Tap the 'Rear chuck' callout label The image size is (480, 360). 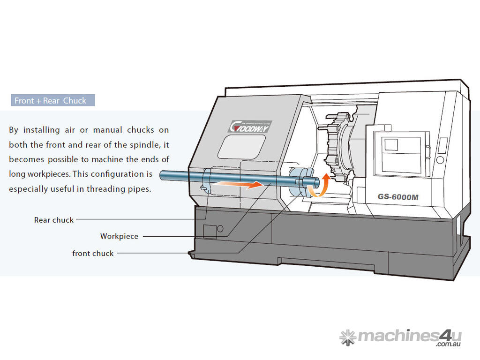[x=54, y=220]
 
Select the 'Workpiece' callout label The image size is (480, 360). [x=119, y=237]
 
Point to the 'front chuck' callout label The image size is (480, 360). [x=93, y=254]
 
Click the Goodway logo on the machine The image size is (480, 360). [x=250, y=126]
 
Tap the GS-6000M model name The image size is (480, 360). [x=398, y=197]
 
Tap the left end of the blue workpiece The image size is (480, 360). [x=162, y=175]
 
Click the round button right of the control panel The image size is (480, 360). [x=440, y=160]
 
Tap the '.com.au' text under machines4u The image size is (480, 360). [x=449, y=345]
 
